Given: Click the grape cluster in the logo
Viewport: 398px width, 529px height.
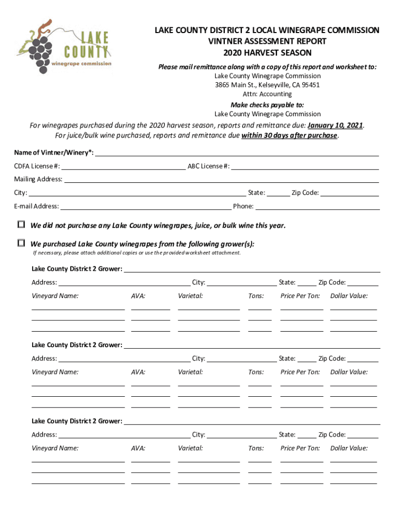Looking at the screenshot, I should coord(37,50).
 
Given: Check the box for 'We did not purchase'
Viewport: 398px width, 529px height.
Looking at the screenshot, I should coord(21,225).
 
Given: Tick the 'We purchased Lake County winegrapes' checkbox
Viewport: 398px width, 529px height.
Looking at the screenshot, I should coord(21,243).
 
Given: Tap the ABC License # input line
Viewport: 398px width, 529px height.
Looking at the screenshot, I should coord(305,166).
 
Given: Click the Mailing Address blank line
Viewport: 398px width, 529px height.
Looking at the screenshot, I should coord(221,179).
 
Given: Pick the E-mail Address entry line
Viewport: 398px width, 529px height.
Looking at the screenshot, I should coord(145,206).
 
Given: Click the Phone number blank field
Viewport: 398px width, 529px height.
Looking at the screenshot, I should coord(317,206).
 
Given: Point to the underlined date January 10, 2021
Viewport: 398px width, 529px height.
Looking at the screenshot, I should coord(335,126).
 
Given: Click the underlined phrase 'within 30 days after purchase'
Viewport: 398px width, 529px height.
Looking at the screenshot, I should coord(289,136).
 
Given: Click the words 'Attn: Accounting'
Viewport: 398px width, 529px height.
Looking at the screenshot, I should coord(267,94).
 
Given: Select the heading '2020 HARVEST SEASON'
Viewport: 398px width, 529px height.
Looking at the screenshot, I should coord(267,53).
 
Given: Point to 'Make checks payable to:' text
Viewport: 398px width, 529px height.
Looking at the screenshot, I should coord(267,104).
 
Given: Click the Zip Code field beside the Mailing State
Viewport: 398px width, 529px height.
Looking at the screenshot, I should coord(350,193).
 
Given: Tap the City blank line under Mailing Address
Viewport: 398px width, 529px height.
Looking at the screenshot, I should coord(137,193).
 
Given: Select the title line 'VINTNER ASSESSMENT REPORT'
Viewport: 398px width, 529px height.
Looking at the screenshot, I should coord(267,42).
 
